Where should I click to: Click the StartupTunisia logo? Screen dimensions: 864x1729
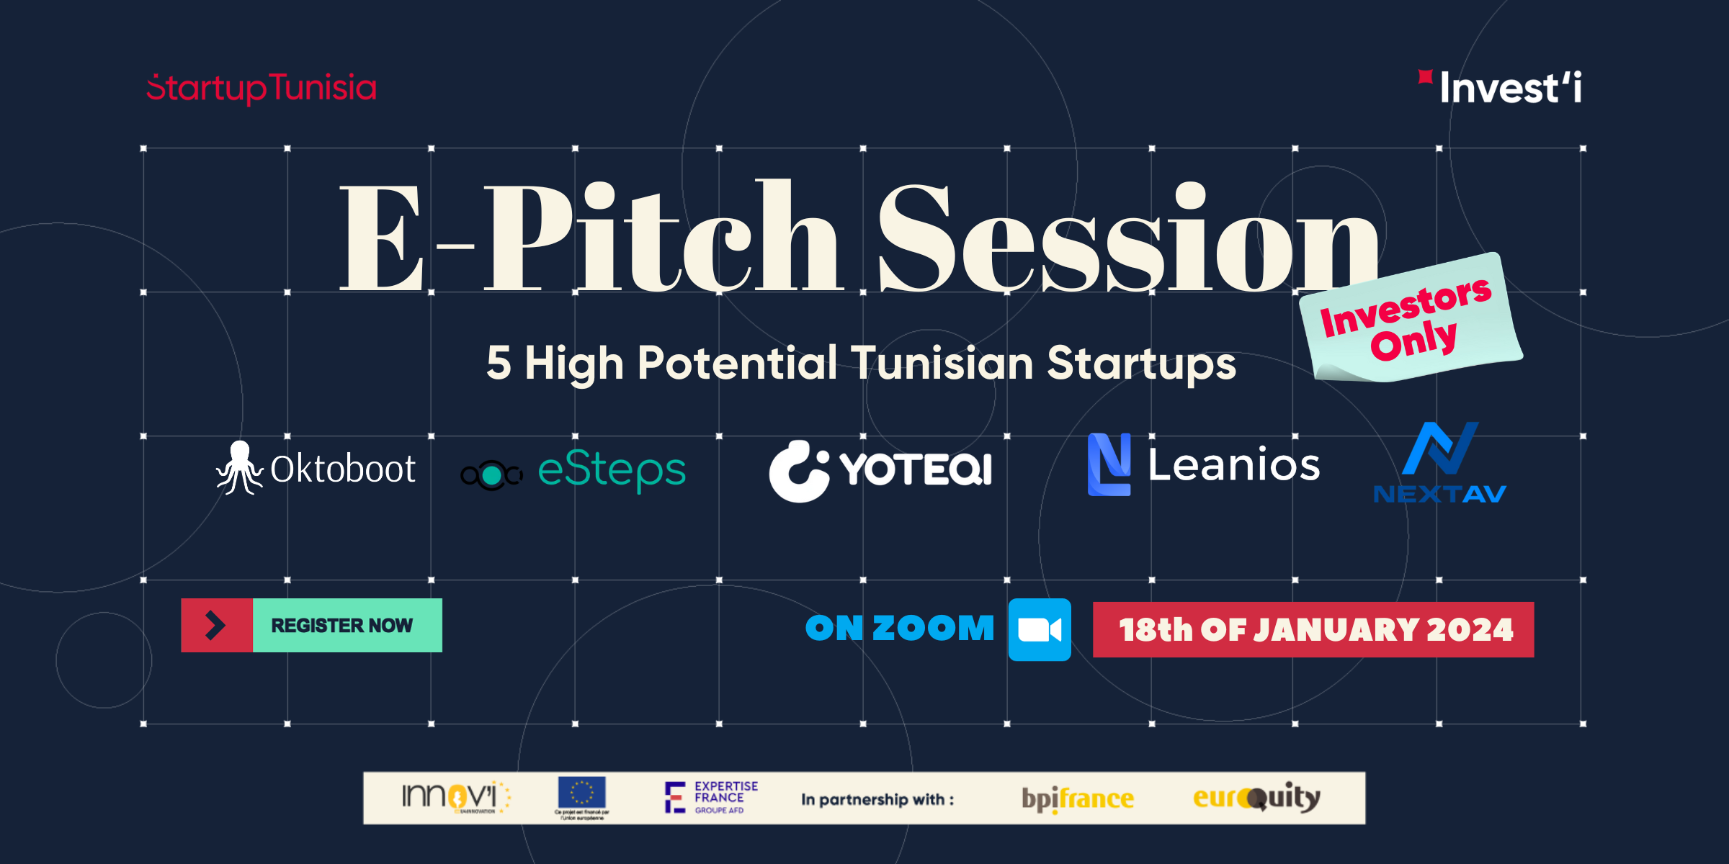tap(262, 88)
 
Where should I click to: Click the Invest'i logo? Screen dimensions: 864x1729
tap(1502, 88)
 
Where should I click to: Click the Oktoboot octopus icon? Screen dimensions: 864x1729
tap(239, 468)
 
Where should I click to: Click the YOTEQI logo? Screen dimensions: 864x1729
tap(880, 470)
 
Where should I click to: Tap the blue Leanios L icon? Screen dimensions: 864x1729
tap(1108, 464)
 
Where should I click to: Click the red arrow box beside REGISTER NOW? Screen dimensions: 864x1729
tap(216, 625)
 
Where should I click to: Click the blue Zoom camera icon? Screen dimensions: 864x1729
tap(1039, 629)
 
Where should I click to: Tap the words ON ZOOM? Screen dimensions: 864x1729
tap(899, 628)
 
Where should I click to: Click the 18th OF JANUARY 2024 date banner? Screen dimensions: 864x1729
tap(1313, 629)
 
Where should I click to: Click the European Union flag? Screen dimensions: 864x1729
tap(581, 793)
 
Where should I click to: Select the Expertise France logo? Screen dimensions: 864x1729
tap(710, 797)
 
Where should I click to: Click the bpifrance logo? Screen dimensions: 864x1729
tap(1078, 798)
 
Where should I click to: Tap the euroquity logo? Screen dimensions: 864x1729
tap(1256, 797)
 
